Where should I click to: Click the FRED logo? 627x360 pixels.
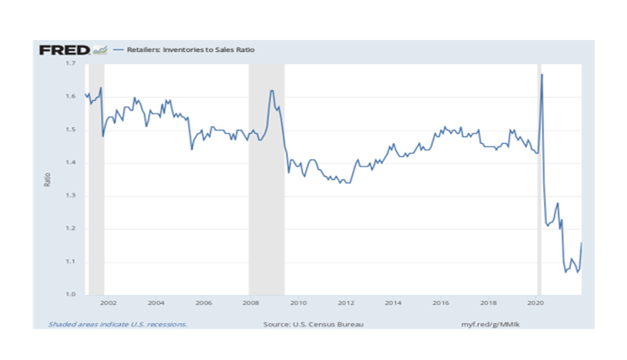pos(65,50)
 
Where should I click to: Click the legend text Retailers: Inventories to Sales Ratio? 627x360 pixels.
pos(187,50)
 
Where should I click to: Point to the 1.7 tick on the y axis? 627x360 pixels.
pos(71,63)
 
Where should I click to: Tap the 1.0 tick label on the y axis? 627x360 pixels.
pos(71,295)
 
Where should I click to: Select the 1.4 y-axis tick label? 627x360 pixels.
pos(71,162)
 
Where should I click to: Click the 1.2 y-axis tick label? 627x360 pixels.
pos(71,229)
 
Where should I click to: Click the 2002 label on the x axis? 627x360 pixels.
pos(109,304)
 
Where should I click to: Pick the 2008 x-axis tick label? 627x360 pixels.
pos(251,304)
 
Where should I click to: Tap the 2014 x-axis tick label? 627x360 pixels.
pos(393,304)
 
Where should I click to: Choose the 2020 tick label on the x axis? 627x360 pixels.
pos(536,304)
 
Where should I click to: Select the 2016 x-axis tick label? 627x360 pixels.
pos(441,304)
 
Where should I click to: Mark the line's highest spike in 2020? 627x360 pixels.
pos(542,74)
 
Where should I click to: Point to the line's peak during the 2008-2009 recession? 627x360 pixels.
pos(272,90)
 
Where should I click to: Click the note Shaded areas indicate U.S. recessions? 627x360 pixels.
pos(118,325)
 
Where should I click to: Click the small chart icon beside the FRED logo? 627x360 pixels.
pos(100,50)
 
